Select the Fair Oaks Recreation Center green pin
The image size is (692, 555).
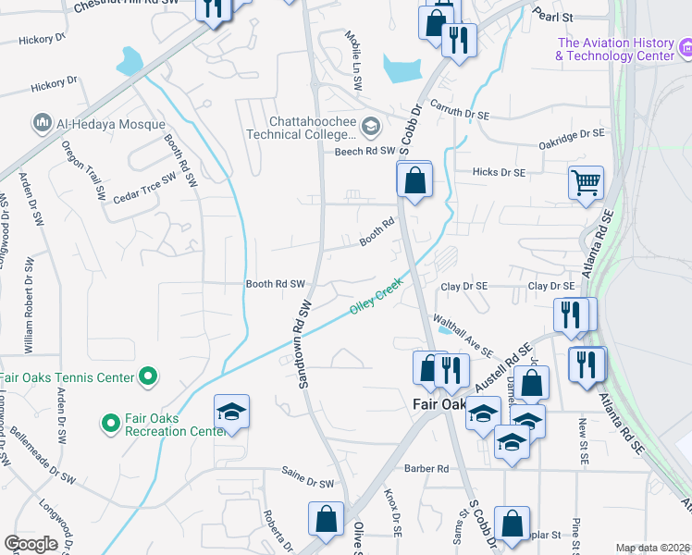click(x=111, y=424)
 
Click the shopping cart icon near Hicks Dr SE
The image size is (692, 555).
click(x=586, y=183)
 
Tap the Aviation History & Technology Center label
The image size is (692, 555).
click(x=620, y=49)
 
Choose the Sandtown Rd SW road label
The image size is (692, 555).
click(x=304, y=342)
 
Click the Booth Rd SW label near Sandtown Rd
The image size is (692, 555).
click(x=275, y=284)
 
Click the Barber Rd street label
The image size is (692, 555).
click(x=431, y=469)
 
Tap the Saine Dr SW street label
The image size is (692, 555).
click(x=307, y=483)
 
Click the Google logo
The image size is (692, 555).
click(x=31, y=544)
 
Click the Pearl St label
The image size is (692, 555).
click(x=554, y=16)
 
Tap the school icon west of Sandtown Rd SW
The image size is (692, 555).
click(x=231, y=413)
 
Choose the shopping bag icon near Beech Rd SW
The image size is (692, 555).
click(x=415, y=179)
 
